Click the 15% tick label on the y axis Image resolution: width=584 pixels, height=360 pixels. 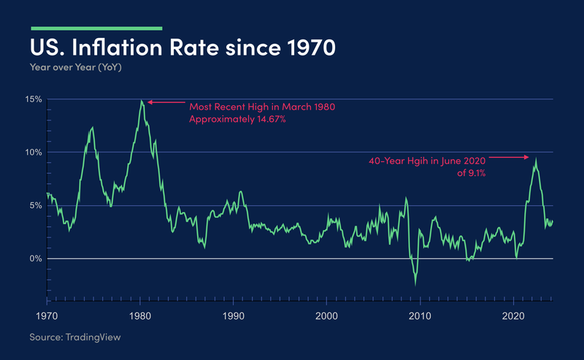pos(34,99)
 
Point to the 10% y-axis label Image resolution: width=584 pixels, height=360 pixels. pos(34,153)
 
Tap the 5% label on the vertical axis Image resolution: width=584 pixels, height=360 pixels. pos(36,206)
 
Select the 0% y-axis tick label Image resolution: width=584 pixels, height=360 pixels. pos(36,258)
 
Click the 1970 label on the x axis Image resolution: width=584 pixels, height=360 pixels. pos(47,316)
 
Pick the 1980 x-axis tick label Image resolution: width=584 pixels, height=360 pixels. pos(140,316)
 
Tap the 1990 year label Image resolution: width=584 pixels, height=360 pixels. pos(234,316)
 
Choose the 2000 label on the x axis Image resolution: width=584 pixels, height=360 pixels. pos(326,316)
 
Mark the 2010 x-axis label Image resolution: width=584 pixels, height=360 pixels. pos(420,316)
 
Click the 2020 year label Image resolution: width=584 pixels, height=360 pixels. pos(513,316)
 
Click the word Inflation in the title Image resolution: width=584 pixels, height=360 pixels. pos(123,49)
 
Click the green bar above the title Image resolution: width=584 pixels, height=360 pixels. pos(96,28)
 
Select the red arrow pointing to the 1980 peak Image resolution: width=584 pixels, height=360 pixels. pos(164,102)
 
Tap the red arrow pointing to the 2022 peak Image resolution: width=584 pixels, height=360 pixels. pos(507,157)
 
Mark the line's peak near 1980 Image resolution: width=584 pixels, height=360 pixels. pos(142,101)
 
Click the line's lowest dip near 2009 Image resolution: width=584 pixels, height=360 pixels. pos(415,285)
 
